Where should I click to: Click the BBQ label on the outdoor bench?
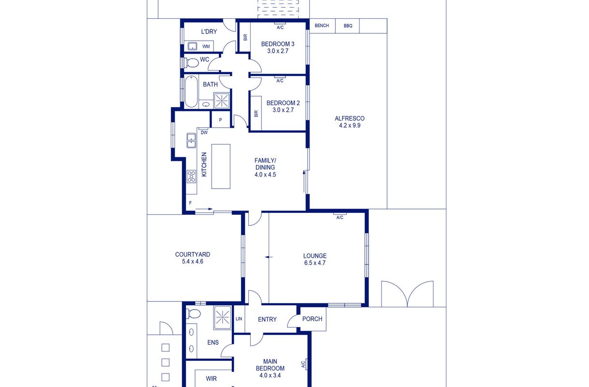click(x=347, y=26)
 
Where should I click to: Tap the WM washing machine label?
click(x=206, y=46)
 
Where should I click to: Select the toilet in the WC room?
click(x=191, y=63)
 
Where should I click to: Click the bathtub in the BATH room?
click(x=191, y=91)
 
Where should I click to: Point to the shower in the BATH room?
click(x=222, y=100)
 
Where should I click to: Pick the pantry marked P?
click(x=220, y=120)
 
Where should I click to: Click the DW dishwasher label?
click(x=204, y=133)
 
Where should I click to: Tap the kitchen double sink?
click(x=191, y=140)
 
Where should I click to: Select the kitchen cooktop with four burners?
click(x=191, y=177)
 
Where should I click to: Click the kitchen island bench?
click(x=221, y=166)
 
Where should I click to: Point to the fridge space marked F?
click(x=190, y=203)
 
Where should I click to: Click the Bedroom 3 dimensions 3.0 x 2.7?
click(x=278, y=51)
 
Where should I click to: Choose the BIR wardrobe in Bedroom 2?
click(x=256, y=113)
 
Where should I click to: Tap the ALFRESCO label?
click(x=349, y=119)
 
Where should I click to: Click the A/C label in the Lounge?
click(x=340, y=218)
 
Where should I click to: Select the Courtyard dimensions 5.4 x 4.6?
click(x=192, y=261)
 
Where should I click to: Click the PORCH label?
click(x=312, y=319)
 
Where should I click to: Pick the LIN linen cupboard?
click(x=239, y=319)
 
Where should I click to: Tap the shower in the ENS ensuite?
click(x=222, y=317)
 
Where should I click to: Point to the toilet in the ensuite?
click(x=193, y=313)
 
